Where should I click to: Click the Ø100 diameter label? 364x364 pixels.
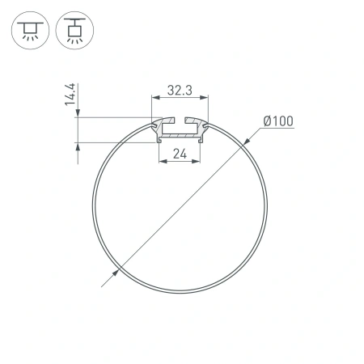click(277, 123)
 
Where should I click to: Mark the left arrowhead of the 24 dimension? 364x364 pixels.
click(160, 160)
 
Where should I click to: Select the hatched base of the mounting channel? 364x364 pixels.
click(180, 138)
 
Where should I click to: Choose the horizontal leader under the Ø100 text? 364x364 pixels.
click(275, 130)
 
